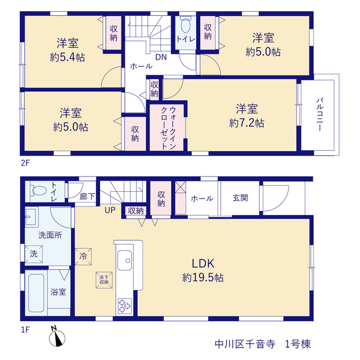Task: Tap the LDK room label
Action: [x=203, y=263]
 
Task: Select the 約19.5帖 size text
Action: [x=203, y=277]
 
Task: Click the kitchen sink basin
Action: [x=125, y=260]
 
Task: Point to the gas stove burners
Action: [x=125, y=306]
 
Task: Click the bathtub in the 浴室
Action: [x=36, y=293]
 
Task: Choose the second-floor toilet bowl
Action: [x=186, y=25]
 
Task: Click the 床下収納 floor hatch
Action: [x=104, y=280]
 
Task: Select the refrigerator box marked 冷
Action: [x=83, y=256]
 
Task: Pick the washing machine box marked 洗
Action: [x=34, y=254]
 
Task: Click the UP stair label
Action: [x=110, y=210]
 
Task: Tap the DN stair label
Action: [x=161, y=57]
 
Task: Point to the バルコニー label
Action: [x=319, y=115]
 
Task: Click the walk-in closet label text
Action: [x=168, y=128]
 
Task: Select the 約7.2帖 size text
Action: [x=246, y=123]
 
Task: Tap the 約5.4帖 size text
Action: [x=67, y=57]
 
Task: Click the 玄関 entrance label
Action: [x=240, y=198]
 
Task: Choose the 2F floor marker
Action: [x=25, y=163]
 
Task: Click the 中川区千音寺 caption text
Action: [x=245, y=344]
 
